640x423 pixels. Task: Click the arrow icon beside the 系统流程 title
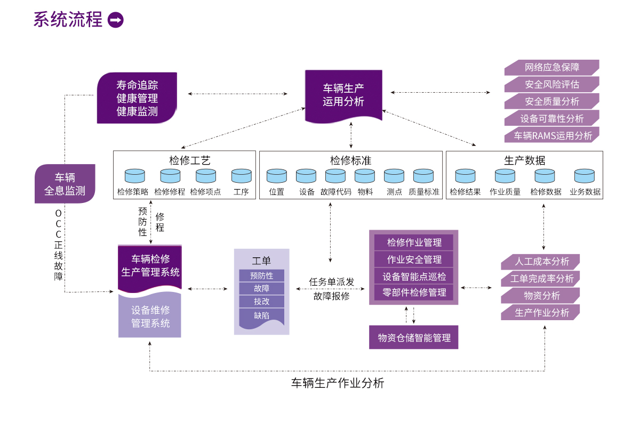coord(115,20)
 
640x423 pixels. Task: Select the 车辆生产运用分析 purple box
coord(343,95)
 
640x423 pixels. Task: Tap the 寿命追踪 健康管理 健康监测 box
coord(137,98)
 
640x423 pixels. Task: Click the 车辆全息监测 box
coord(65,184)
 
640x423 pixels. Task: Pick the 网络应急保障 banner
coord(551,67)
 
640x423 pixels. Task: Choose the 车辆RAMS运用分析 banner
coord(551,135)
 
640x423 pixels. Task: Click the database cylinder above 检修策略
coord(134,176)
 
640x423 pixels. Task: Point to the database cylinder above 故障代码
coord(335,176)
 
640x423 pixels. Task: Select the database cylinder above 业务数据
coord(585,176)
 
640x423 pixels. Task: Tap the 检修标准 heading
coord(350,160)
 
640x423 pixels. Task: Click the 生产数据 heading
coord(524,160)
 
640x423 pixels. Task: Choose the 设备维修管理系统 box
coord(150,316)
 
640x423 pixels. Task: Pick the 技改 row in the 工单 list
coord(261,302)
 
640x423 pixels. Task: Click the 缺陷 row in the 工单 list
coord(261,315)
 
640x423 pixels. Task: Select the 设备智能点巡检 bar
coord(414,276)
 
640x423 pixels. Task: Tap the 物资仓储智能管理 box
coord(414,337)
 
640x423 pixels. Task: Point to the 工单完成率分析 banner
coord(541,279)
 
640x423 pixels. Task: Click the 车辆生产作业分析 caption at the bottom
coord(337,383)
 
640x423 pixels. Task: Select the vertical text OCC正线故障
coord(58,245)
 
